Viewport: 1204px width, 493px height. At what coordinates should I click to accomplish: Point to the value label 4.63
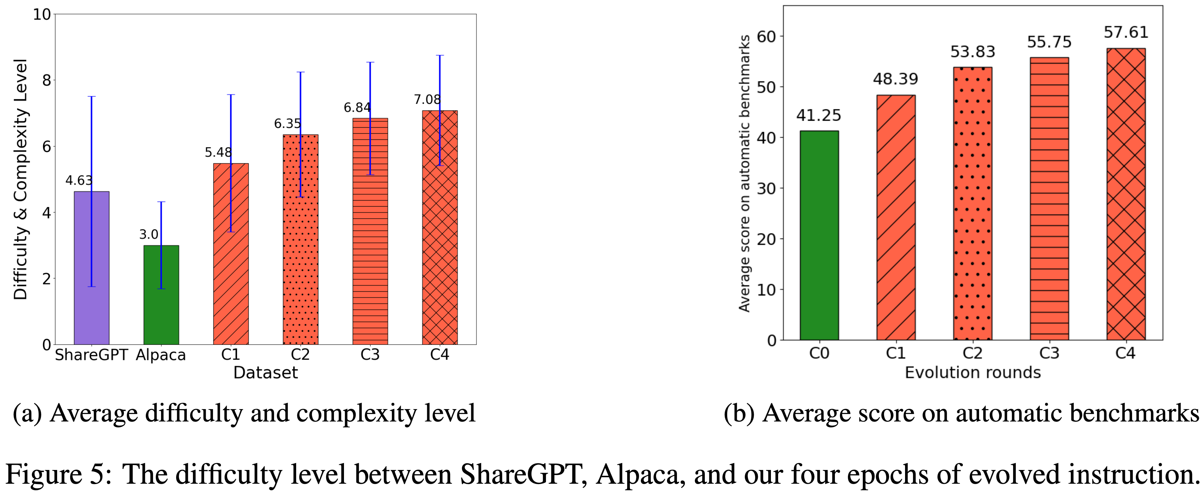click(78, 180)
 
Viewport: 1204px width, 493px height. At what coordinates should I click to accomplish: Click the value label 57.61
click(1126, 32)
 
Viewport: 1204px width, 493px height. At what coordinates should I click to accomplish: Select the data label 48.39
click(895, 79)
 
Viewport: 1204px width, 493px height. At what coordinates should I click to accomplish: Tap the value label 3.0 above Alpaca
click(149, 234)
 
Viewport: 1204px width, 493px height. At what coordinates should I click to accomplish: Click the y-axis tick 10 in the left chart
click(42, 14)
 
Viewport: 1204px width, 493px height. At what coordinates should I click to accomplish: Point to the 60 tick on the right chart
click(766, 36)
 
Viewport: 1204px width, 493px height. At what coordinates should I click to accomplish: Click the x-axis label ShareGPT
click(91, 355)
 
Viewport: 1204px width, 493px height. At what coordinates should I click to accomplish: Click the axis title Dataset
click(266, 372)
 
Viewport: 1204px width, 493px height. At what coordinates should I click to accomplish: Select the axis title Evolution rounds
click(972, 372)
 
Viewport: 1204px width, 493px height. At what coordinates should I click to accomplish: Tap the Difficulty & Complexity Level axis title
click(21, 179)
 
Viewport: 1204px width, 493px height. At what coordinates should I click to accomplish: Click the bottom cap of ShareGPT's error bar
click(92, 286)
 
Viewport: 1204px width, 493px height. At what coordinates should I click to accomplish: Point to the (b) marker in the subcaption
click(739, 414)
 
